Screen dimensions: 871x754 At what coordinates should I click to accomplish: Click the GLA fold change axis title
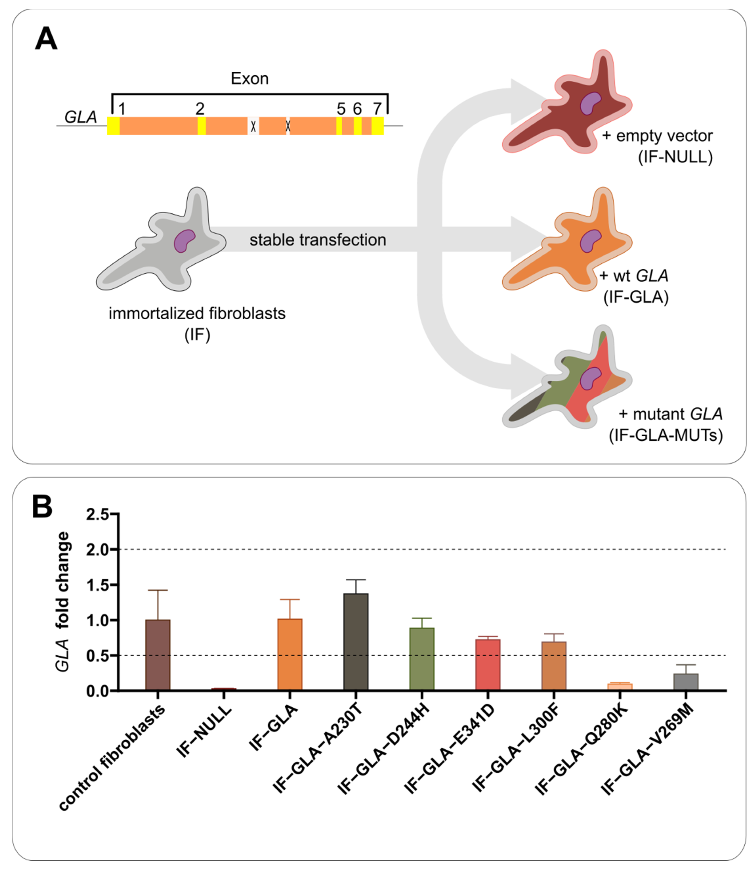(x=63, y=602)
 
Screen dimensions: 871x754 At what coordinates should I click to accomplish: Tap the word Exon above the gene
(x=250, y=79)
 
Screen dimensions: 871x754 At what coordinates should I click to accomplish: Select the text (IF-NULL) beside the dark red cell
(x=675, y=157)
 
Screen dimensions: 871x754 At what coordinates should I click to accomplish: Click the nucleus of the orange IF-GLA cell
(x=590, y=241)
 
